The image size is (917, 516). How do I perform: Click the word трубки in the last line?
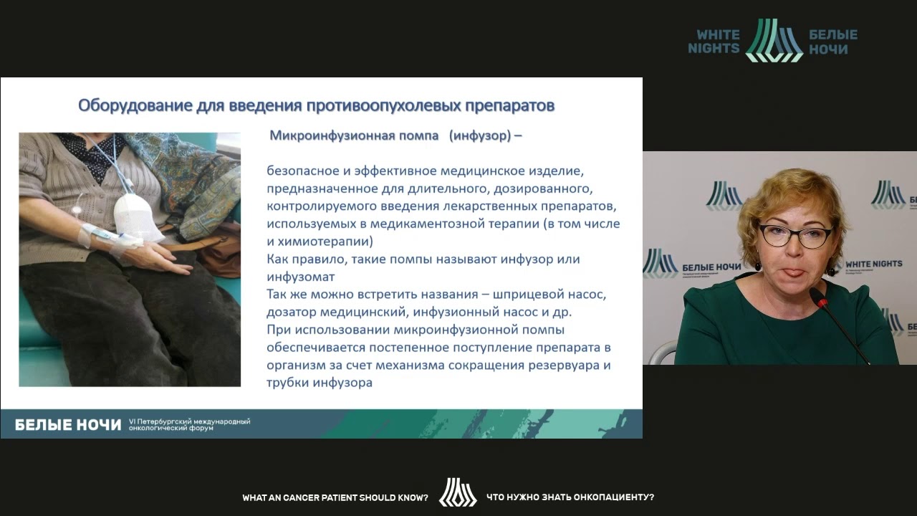point(288,383)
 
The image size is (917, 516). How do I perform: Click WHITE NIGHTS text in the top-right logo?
point(714,42)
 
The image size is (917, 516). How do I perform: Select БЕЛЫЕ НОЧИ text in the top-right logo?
point(832,42)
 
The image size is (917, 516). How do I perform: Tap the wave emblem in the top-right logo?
point(774,41)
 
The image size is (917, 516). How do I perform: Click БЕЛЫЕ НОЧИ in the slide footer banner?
point(68,425)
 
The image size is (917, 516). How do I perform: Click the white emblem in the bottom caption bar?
point(457,493)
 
